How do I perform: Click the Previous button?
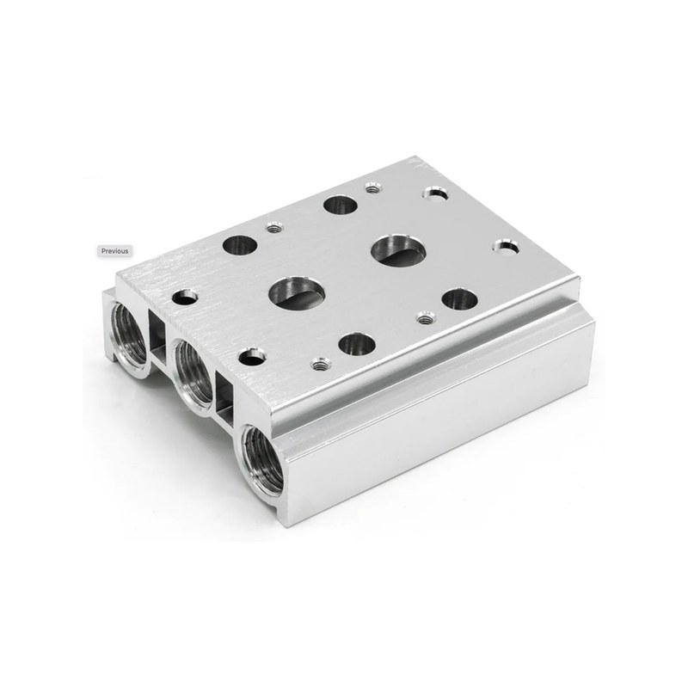pyautogui.click(x=114, y=251)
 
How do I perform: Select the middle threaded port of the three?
pyautogui.click(x=193, y=373)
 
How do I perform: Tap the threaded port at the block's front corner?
pyautogui.click(x=262, y=461)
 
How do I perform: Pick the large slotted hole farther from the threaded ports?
pyautogui.click(x=398, y=249)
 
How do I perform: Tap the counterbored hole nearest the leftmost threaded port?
pyautogui.click(x=185, y=297)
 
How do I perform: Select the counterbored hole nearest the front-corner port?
pyautogui.click(x=252, y=356)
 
